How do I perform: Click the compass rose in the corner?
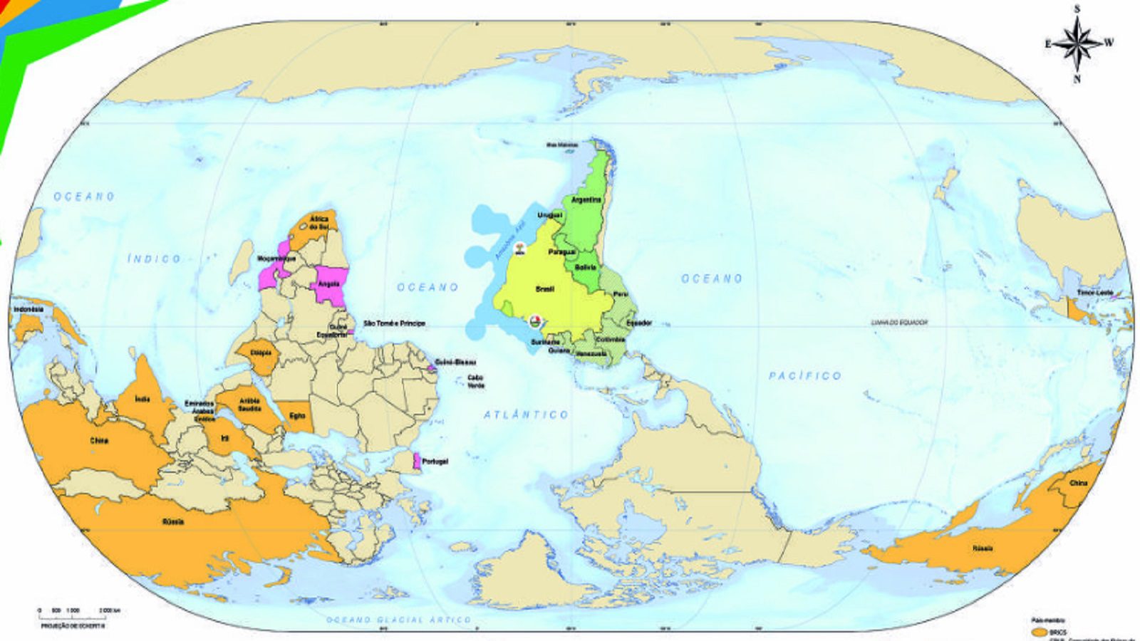[x=1078, y=43]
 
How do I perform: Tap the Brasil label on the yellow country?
[x=544, y=289]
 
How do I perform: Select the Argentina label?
[x=586, y=200]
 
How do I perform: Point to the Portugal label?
[x=435, y=462]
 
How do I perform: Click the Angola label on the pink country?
[x=328, y=283]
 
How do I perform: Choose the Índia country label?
[x=142, y=399]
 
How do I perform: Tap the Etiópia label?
[x=261, y=353]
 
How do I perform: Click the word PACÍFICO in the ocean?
[x=805, y=375]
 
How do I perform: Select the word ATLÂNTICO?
[x=526, y=414]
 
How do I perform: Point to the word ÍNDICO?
[x=154, y=259]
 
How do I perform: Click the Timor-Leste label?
[x=1094, y=293]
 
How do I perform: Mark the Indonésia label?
[x=28, y=310]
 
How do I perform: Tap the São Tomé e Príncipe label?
[x=394, y=323]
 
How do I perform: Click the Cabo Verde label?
[x=475, y=382]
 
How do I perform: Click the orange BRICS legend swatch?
[x=1040, y=632]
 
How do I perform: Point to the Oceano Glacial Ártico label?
[x=399, y=620]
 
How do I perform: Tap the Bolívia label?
[x=586, y=267]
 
